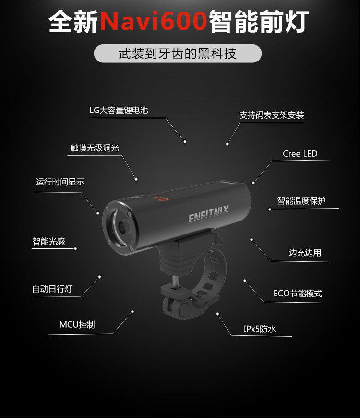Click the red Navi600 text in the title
tap(154, 22)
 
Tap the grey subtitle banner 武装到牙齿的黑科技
tap(178, 53)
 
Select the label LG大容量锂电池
tap(119, 111)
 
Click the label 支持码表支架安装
tap(272, 115)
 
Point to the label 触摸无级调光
tap(95, 148)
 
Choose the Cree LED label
tap(300, 154)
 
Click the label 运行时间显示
tap(60, 182)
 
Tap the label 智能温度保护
tap(301, 201)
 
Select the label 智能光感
tap(48, 241)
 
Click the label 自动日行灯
tap(52, 289)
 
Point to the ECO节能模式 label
tap(298, 294)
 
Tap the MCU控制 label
tap(77, 325)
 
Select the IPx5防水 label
tap(260, 329)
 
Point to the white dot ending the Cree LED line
tap(253, 182)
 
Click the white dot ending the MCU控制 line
tap(132, 311)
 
